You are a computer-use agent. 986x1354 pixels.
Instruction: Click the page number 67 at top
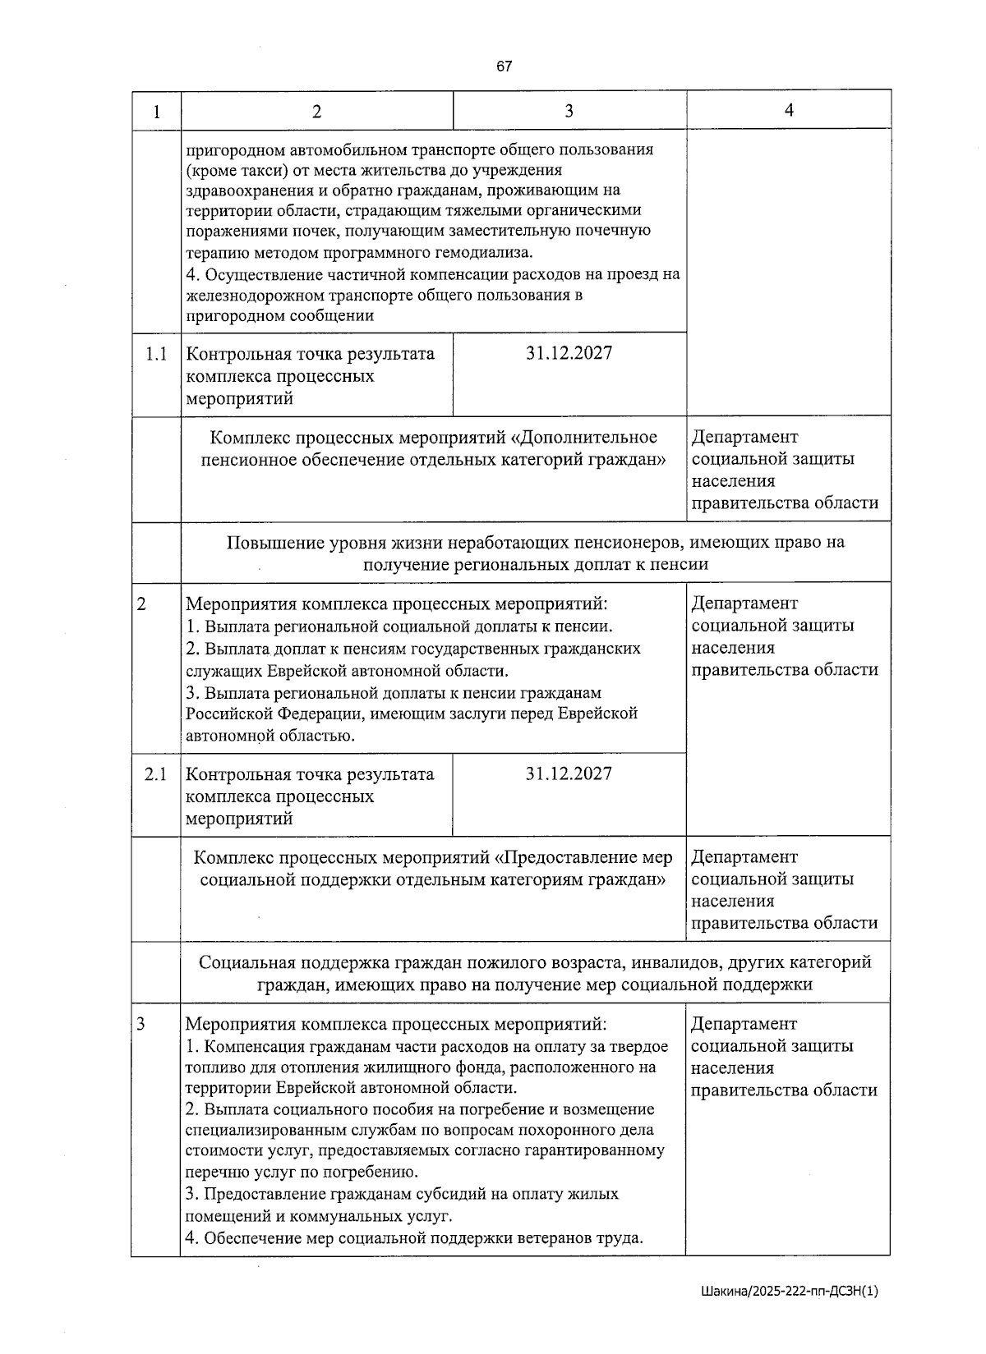[504, 67]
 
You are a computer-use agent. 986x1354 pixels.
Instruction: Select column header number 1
[156, 111]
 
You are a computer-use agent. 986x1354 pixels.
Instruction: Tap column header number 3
[569, 111]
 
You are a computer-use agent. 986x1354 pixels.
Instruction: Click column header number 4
[789, 110]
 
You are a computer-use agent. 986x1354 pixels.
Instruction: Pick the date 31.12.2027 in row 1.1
[569, 353]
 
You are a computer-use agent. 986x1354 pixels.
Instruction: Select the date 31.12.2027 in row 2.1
[569, 773]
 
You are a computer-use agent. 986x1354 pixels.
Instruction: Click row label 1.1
[156, 354]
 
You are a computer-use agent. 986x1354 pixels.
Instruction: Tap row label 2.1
[155, 774]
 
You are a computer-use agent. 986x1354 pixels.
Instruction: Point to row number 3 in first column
[141, 1024]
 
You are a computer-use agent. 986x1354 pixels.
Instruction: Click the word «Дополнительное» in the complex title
[589, 437]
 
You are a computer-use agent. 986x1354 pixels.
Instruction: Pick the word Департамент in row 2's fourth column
[744, 604]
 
